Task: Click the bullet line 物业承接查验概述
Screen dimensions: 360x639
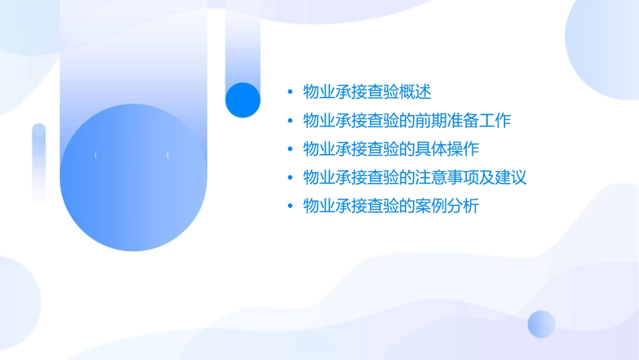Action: pyautogui.click(x=367, y=92)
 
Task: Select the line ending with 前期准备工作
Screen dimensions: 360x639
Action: pyautogui.click(x=407, y=120)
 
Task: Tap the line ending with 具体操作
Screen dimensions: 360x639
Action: pyautogui.click(x=391, y=149)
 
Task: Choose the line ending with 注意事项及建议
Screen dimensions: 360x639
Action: pyautogui.click(x=414, y=178)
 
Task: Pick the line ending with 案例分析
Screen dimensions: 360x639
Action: pyautogui.click(x=391, y=206)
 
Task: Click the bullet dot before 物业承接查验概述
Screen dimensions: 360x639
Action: pyautogui.click(x=289, y=92)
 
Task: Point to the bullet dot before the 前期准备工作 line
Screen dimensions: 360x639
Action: pyautogui.click(x=289, y=120)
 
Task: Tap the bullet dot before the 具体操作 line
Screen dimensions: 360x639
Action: pyautogui.click(x=289, y=149)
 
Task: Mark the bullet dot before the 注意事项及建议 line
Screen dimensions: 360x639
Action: pyautogui.click(x=289, y=178)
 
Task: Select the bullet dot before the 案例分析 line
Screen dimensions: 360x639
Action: pyautogui.click(x=289, y=206)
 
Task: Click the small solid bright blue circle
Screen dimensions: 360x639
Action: pyautogui.click(x=243, y=100)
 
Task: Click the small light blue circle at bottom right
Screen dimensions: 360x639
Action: pyautogui.click(x=541, y=324)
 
